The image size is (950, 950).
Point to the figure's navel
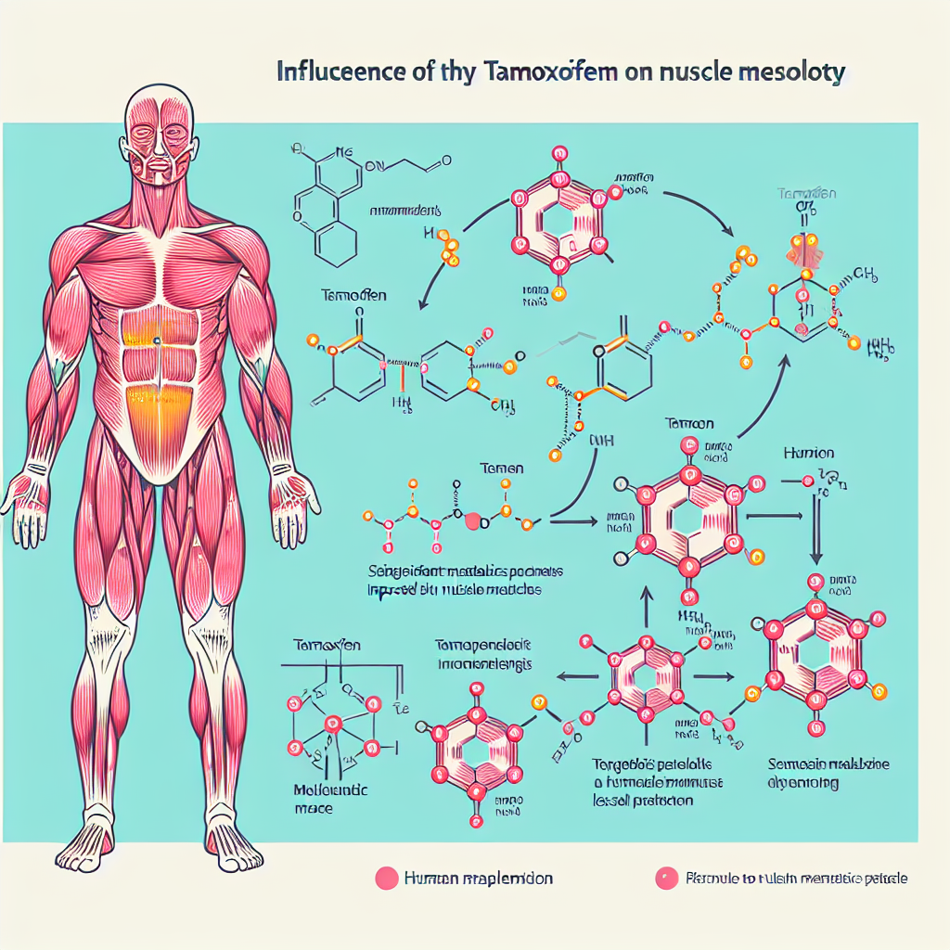[x=158, y=342]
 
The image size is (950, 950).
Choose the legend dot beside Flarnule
[x=664, y=878]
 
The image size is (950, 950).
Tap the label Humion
[x=808, y=454]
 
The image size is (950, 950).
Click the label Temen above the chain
[x=502, y=469]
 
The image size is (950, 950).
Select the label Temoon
[x=689, y=423]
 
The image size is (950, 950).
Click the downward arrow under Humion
[x=818, y=530]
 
